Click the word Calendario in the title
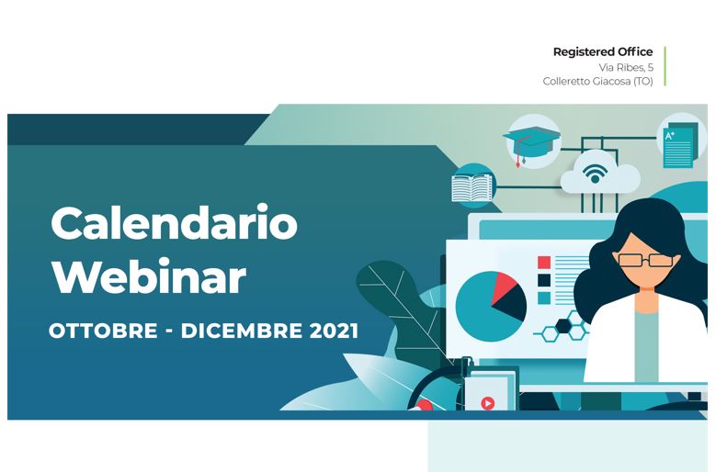click(174, 223)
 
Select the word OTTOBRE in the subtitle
click(103, 331)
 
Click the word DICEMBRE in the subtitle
click(242, 331)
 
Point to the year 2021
click(334, 331)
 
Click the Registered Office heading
click(603, 52)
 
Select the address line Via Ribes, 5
click(626, 67)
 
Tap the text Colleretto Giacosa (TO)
click(597, 81)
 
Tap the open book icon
click(472, 187)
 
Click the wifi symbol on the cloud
click(595, 174)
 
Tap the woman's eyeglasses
click(645, 261)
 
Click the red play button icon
click(488, 403)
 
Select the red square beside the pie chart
click(544, 263)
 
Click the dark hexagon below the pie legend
click(563, 326)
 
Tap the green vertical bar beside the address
click(665, 66)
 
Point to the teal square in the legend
click(544, 298)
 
